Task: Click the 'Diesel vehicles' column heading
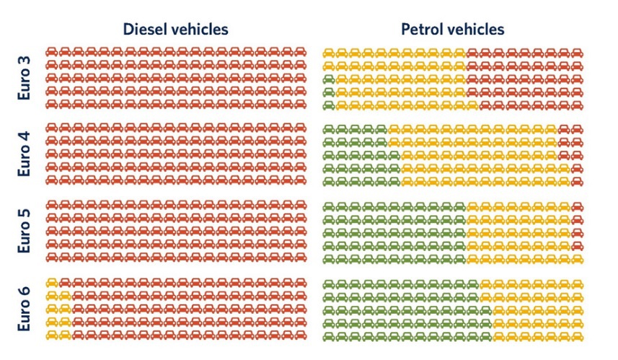pos(175,29)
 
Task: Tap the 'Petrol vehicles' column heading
pos(453,29)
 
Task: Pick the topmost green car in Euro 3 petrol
pos(329,79)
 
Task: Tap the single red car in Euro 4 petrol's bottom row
pos(577,181)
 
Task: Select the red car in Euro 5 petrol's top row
pos(577,207)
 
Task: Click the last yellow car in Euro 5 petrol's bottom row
pos(577,258)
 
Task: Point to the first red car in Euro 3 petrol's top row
pos(473,53)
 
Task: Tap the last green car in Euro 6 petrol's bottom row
pos(486,335)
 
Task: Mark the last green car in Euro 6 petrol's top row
pos(473,284)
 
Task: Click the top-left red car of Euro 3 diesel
pos(52,53)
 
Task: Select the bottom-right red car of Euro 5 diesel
pos(300,258)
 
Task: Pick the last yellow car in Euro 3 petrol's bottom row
pos(473,105)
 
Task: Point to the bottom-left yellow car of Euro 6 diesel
pos(52,335)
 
